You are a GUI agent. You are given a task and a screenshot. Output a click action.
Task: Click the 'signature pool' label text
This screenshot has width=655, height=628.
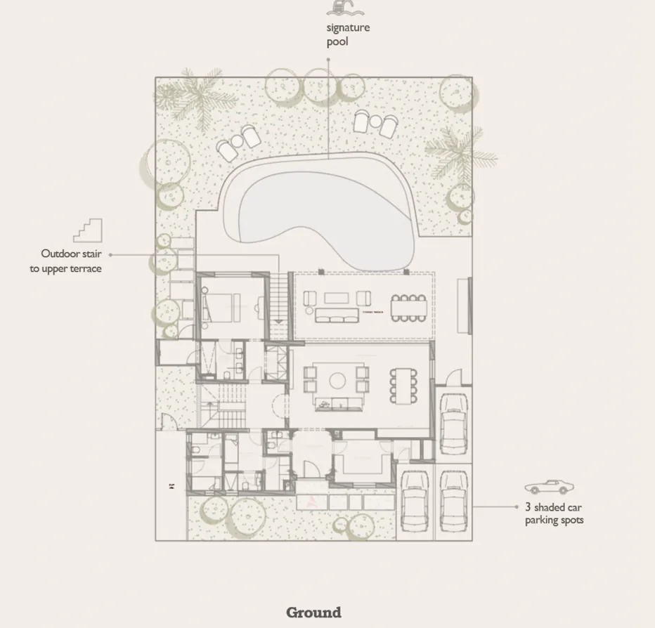pyautogui.click(x=347, y=34)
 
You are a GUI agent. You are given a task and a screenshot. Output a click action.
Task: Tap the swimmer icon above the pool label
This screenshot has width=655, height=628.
pyautogui.click(x=339, y=8)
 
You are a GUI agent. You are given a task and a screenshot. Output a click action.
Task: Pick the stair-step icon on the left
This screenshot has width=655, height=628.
pyautogui.click(x=88, y=230)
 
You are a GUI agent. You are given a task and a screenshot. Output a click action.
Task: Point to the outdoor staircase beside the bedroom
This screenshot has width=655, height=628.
pyautogui.click(x=279, y=299)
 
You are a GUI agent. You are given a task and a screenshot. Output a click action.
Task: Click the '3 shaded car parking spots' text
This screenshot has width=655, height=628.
pyautogui.click(x=554, y=513)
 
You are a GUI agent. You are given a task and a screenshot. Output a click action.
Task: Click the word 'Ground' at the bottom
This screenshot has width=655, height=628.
pyautogui.click(x=313, y=612)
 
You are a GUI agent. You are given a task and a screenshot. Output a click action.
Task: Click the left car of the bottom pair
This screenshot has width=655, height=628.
pyautogui.click(x=414, y=501)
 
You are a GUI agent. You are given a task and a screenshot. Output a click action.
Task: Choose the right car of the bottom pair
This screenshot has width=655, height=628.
pyautogui.click(x=453, y=501)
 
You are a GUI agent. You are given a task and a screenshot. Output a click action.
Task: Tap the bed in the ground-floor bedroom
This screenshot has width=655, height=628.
pyautogui.click(x=221, y=306)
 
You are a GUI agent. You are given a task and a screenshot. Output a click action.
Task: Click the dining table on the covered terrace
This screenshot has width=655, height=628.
pyautogui.click(x=408, y=308)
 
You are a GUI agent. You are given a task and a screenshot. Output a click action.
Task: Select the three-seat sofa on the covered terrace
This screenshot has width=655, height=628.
pyautogui.click(x=335, y=314)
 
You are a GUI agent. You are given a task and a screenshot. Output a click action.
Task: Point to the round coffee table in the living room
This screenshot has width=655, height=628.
pyautogui.click(x=336, y=380)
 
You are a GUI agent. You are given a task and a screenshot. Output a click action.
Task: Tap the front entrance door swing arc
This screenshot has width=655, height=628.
pyautogui.click(x=310, y=469)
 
